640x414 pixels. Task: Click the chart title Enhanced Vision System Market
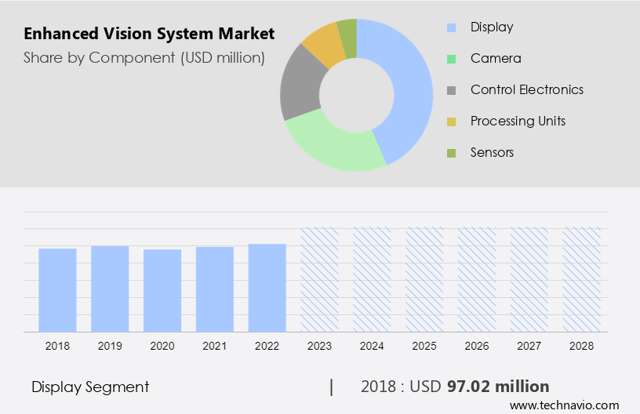(149, 34)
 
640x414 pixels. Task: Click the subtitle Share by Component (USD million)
(144, 57)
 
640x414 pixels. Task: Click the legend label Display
(492, 27)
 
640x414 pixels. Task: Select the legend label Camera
(495, 59)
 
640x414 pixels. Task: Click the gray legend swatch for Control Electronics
(451, 90)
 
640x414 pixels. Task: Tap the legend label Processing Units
(518, 121)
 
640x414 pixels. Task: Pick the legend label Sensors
(492, 152)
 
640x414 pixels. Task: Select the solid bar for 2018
(57, 290)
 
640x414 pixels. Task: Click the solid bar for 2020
(162, 290)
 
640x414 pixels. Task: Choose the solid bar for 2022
(267, 288)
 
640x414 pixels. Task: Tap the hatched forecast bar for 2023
(319, 279)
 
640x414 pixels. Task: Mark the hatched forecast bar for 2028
(582, 279)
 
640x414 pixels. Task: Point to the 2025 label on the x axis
(424, 346)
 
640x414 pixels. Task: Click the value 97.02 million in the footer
(498, 387)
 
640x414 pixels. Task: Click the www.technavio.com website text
(564, 405)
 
